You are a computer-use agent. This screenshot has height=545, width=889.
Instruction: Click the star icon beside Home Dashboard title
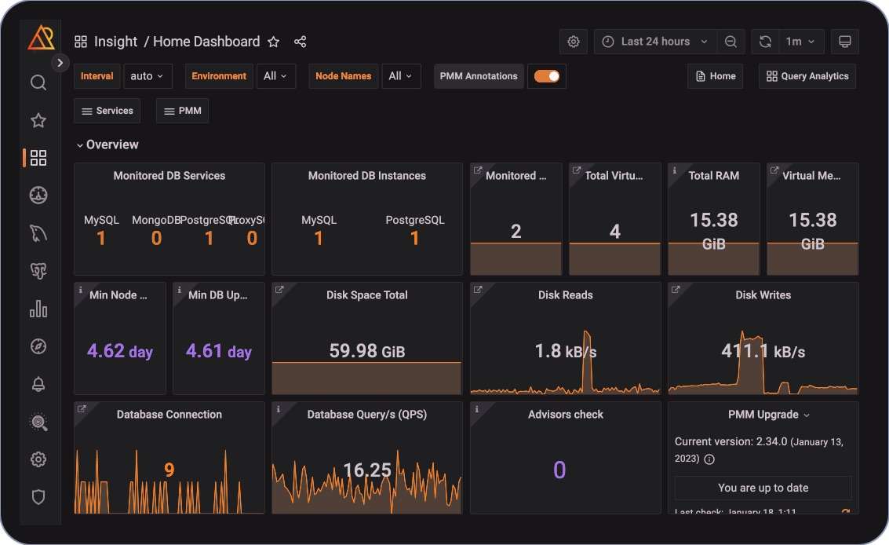(x=273, y=42)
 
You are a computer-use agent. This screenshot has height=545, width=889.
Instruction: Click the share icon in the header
(x=300, y=42)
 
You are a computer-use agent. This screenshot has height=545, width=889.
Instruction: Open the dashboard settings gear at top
(x=574, y=42)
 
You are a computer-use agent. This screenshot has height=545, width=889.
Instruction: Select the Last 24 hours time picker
(x=654, y=42)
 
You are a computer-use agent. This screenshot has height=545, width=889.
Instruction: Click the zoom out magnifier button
(x=731, y=42)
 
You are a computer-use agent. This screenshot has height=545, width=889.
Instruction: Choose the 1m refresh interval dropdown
(x=800, y=42)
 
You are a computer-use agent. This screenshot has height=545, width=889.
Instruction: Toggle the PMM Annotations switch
(x=547, y=76)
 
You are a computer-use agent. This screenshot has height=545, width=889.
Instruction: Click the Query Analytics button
(x=807, y=76)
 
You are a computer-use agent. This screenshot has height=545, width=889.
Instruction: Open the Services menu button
(x=107, y=111)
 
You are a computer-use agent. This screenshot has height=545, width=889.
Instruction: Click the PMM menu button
(x=182, y=111)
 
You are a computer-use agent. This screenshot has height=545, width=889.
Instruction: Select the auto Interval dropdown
(x=148, y=76)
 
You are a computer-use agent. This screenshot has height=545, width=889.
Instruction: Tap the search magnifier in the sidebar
(x=38, y=82)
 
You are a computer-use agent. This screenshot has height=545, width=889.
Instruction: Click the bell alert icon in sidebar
(x=38, y=384)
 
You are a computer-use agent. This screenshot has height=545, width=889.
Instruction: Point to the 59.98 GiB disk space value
(x=366, y=351)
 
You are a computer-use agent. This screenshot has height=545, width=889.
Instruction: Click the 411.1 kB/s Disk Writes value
(x=763, y=351)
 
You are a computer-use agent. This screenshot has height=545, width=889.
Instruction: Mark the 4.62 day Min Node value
(x=120, y=351)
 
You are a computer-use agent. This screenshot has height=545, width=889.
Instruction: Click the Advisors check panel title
(x=566, y=415)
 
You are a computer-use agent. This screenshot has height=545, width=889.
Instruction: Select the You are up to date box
(x=763, y=488)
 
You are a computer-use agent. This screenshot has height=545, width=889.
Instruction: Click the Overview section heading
(x=112, y=144)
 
